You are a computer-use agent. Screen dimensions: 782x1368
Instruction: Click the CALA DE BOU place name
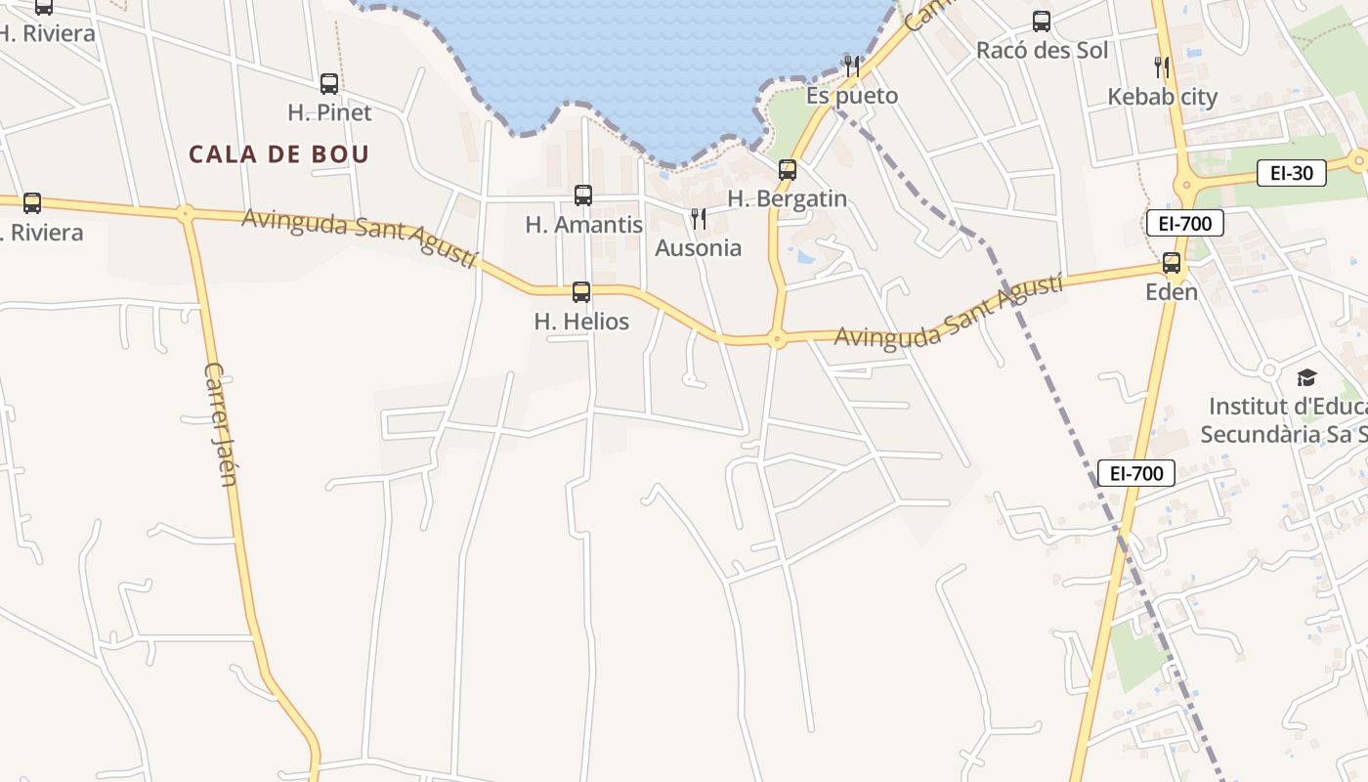click(x=278, y=154)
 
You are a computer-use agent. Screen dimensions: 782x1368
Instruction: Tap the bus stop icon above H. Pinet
click(x=329, y=84)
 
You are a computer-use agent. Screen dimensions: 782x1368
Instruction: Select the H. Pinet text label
click(x=329, y=112)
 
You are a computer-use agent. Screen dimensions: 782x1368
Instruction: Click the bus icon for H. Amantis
click(x=583, y=195)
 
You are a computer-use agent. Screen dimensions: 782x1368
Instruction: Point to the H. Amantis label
click(x=583, y=224)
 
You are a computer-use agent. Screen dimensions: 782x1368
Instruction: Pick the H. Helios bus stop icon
click(x=581, y=291)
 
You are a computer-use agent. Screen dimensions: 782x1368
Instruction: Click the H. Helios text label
click(x=581, y=321)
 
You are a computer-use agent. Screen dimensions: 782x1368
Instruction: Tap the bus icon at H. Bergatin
click(x=788, y=170)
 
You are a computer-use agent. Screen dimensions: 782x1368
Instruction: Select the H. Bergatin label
click(x=788, y=198)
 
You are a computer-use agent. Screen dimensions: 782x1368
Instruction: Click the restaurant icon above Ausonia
click(x=698, y=219)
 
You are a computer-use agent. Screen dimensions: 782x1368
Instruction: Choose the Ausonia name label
click(x=698, y=248)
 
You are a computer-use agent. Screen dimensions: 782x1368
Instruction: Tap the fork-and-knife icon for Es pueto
click(x=852, y=66)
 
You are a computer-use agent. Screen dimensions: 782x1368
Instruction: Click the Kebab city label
click(x=1162, y=97)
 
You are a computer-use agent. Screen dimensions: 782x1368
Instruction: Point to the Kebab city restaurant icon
click(x=1161, y=67)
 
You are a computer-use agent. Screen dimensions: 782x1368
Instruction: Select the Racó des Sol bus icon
click(x=1042, y=22)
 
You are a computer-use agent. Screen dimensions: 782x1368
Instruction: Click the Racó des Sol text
click(x=1042, y=50)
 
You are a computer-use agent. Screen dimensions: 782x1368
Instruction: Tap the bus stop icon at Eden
click(x=1172, y=263)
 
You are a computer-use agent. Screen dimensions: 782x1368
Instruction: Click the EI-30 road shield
click(x=1291, y=174)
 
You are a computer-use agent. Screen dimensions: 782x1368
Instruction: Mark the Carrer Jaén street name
click(x=221, y=423)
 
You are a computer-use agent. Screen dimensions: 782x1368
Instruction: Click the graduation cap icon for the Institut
click(x=1306, y=378)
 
